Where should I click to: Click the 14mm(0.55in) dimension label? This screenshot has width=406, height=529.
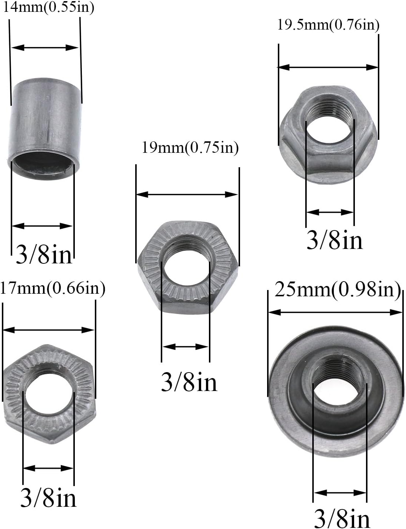pyautogui.click(x=48, y=7)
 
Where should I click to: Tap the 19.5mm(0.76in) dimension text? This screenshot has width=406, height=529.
pyautogui.click(x=328, y=25)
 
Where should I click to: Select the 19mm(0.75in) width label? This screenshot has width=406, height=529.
pyautogui.click(x=190, y=148)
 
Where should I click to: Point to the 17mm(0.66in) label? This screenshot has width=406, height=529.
pyautogui.click(x=53, y=288)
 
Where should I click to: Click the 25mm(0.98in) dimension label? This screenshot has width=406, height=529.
pyautogui.click(x=337, y=289)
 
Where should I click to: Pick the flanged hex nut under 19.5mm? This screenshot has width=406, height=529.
pyautogui.click(x=329, y=135)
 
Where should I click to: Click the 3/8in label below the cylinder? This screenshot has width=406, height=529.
pyautogui.click(x=44, y=254)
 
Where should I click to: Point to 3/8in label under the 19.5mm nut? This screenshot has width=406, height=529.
pyautogui.click(x=335, y=240)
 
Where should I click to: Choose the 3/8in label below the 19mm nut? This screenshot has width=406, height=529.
pyautogui.click(x=189, y=382)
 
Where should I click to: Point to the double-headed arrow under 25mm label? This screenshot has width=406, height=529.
pyautogui.click(x=335, y=312)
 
